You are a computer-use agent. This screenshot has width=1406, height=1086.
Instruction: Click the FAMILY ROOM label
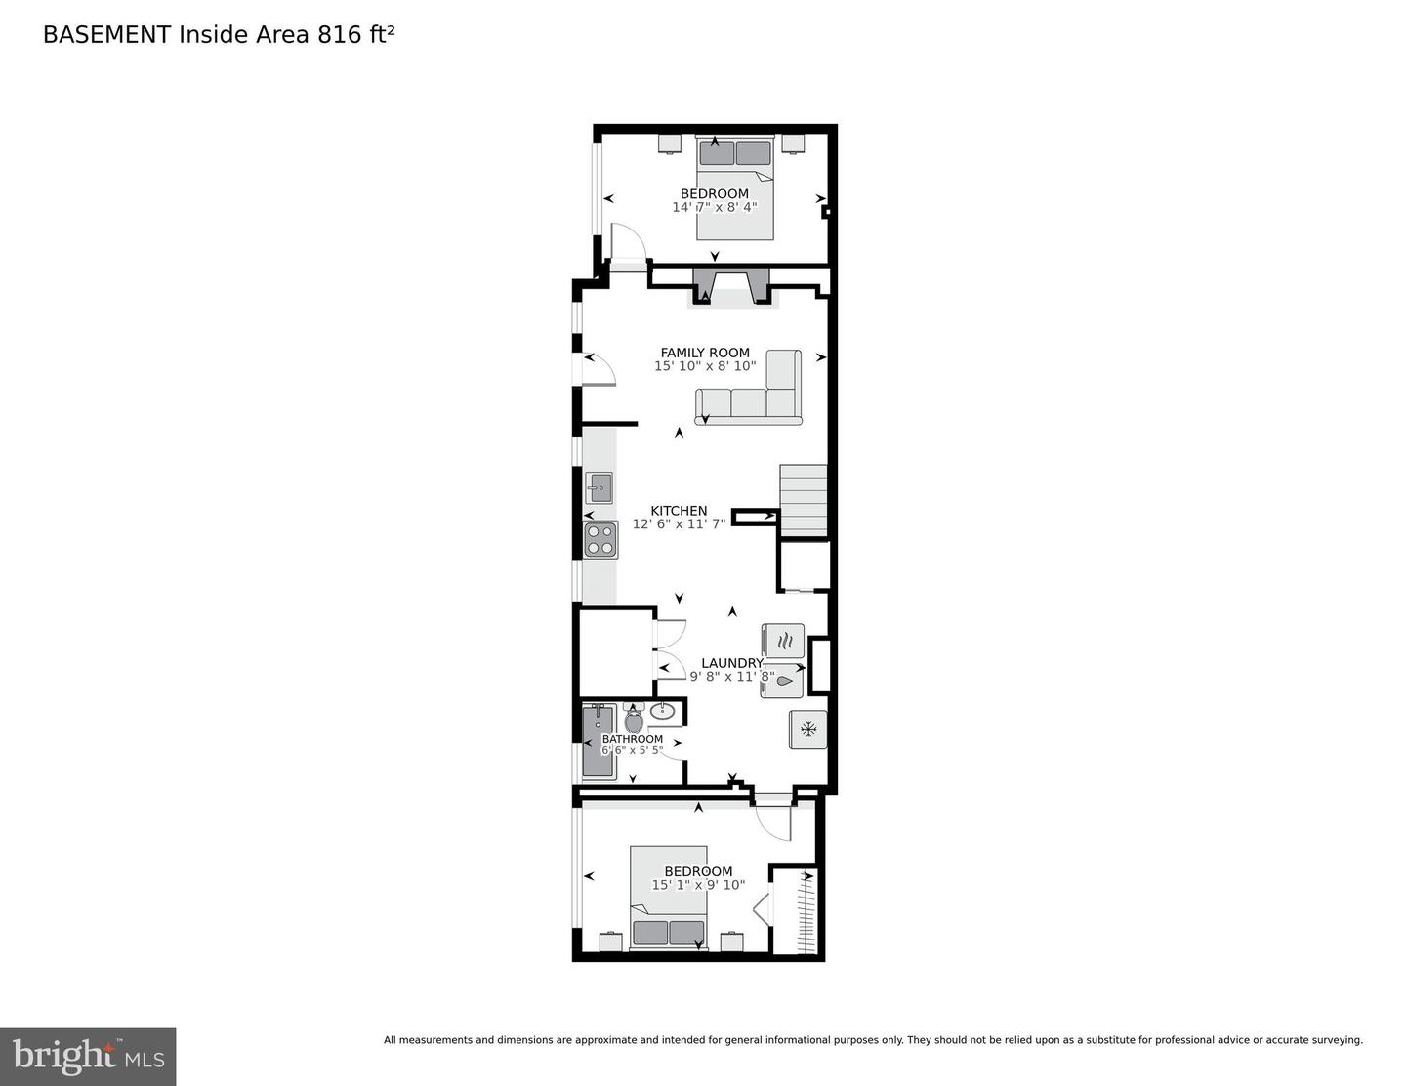click(x=704, y=353)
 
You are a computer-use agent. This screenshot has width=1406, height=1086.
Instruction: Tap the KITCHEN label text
click(x=679, y=511)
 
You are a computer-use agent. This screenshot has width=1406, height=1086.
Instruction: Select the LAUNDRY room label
click(x=731, y=663)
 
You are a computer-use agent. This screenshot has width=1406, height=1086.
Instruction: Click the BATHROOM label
click(x=632, y=739)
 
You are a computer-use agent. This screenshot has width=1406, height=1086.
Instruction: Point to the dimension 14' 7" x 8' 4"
click(x=714, y=207)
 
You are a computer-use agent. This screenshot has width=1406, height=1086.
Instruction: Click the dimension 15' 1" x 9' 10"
click(x=698, y=885)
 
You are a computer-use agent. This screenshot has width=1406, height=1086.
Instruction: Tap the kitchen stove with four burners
click(x=600, y=540)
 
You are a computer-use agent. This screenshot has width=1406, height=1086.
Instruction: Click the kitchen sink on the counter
click(x=599, y=486)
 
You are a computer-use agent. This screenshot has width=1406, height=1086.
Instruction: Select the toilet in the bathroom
click(x=634, y=722)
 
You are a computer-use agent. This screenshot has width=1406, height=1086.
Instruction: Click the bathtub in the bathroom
click(x=597, y=742)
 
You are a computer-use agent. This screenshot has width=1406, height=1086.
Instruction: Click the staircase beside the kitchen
click(x=803, y=500)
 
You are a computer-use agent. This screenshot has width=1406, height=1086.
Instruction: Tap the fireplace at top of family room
click(x=732, y=287)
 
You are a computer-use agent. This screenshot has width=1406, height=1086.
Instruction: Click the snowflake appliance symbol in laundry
click(x=807, y=729)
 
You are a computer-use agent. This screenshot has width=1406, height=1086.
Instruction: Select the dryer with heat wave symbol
click(x=783, y=641)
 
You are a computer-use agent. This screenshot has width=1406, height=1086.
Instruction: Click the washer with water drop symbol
click(x=783, y=681)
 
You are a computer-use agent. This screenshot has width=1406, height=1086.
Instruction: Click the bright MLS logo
click(x=88, y=1057)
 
